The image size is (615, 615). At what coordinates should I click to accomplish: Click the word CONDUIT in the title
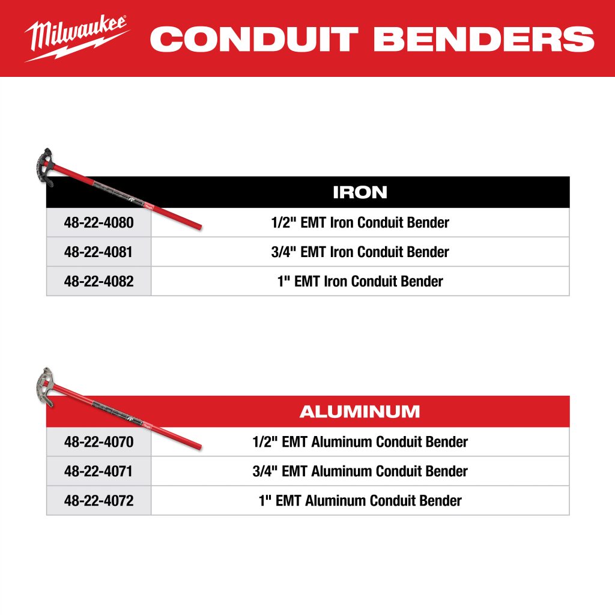(x=254, y=39)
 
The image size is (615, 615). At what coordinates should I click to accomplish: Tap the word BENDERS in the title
(x=484, y=39)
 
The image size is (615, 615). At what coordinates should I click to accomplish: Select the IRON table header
(x=360, y=192)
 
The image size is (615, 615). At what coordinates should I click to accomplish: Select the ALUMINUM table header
(x=360, y=411)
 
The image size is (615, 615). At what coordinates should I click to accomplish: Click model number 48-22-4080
(x=99, y=222)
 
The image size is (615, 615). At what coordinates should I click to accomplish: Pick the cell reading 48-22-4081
(x=98, y=252)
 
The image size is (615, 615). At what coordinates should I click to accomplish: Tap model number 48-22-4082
(x=99, y=281)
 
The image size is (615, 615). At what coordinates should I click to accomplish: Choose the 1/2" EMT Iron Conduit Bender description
(x=360, y=222)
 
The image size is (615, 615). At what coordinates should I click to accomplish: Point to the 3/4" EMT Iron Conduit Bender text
(x=360, y=252)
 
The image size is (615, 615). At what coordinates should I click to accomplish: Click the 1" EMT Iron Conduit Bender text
(x=360, y=281)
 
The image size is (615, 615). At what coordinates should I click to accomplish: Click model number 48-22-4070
(x=99, y=441)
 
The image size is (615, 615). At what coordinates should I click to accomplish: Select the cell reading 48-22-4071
(x=98, y=471)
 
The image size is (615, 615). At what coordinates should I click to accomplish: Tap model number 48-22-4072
(x=99, y=500)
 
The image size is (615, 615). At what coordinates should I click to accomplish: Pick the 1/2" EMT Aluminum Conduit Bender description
(x=360, y=441)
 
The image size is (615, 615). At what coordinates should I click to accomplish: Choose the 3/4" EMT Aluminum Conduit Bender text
(x=360, y=471)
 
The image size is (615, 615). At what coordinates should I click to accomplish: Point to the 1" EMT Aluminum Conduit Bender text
(x=360, y=500)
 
